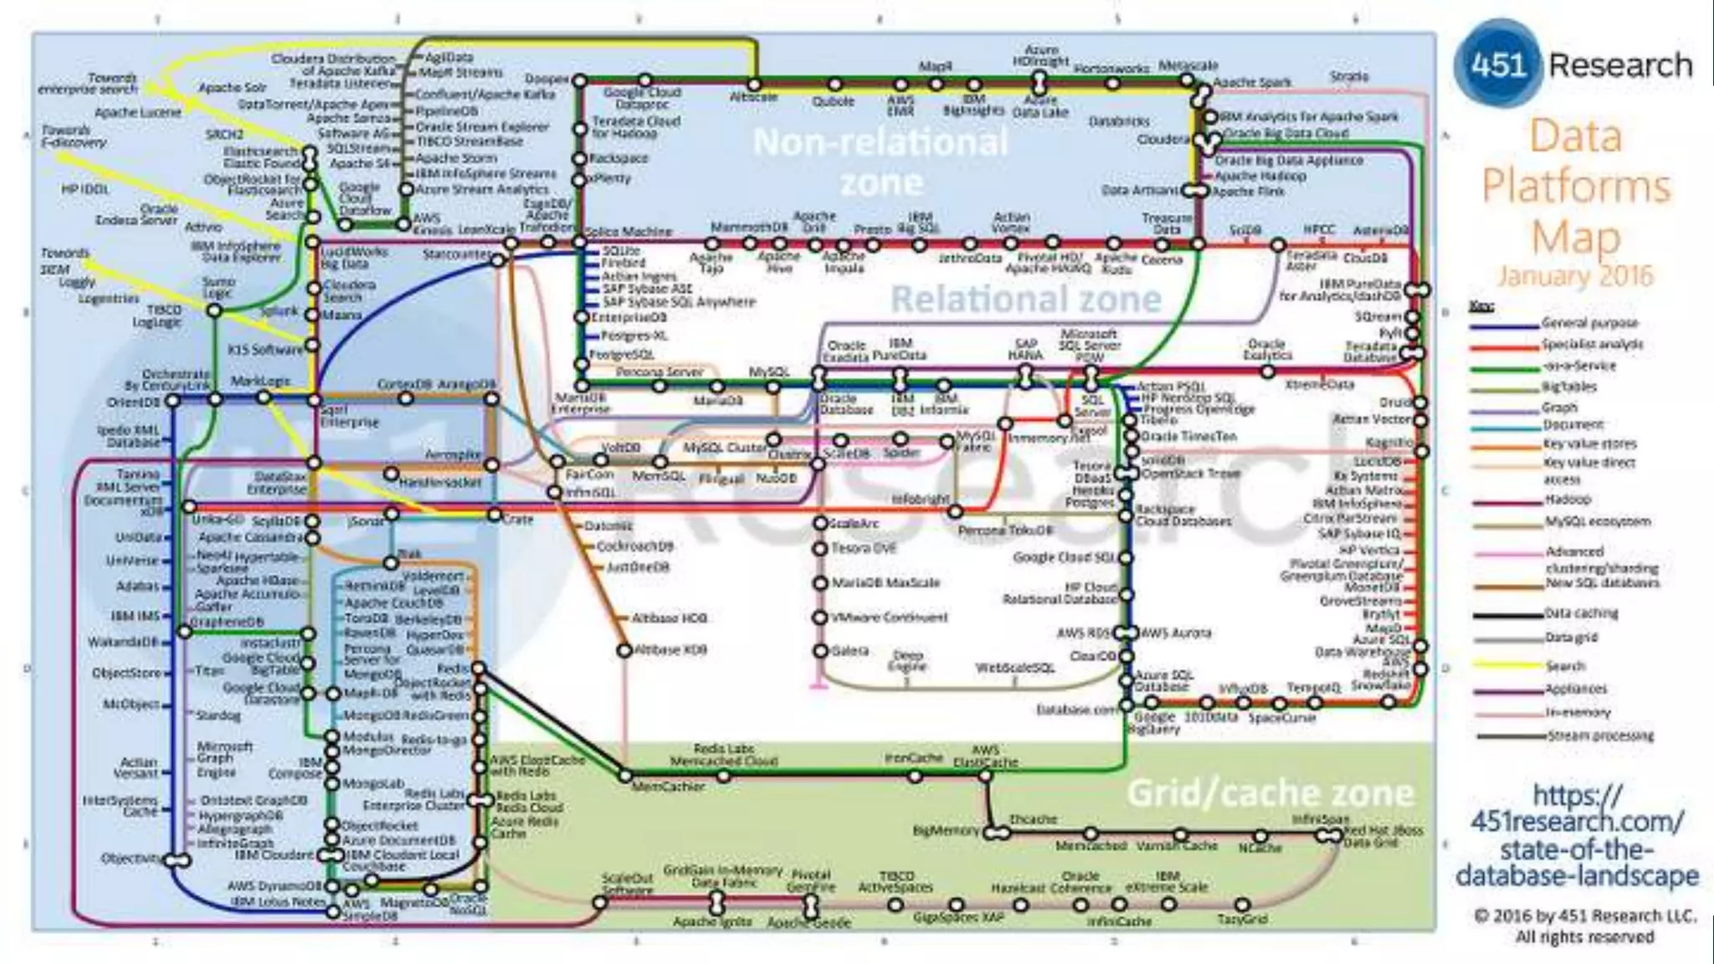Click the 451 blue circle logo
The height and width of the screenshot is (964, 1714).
1497,65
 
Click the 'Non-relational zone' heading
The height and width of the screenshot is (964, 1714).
880,162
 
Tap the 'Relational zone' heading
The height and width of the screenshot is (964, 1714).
1025,299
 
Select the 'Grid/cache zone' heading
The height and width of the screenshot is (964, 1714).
1270,792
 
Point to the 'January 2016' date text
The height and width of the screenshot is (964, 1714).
1575,275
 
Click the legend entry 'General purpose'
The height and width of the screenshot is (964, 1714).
1590,323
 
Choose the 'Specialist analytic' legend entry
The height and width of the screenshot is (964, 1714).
1593,344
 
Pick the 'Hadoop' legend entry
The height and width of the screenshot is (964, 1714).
1568,500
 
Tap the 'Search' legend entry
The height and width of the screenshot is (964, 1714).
1565,666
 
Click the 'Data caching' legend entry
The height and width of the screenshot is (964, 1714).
1581,613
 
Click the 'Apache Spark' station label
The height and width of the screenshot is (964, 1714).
1251,82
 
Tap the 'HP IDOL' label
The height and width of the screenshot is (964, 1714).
85,190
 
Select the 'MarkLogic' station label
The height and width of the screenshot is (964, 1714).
260,382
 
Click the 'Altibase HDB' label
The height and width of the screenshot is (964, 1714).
669,618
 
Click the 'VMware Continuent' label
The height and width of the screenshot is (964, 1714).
890,618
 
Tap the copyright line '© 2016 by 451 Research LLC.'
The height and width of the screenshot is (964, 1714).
1585,915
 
